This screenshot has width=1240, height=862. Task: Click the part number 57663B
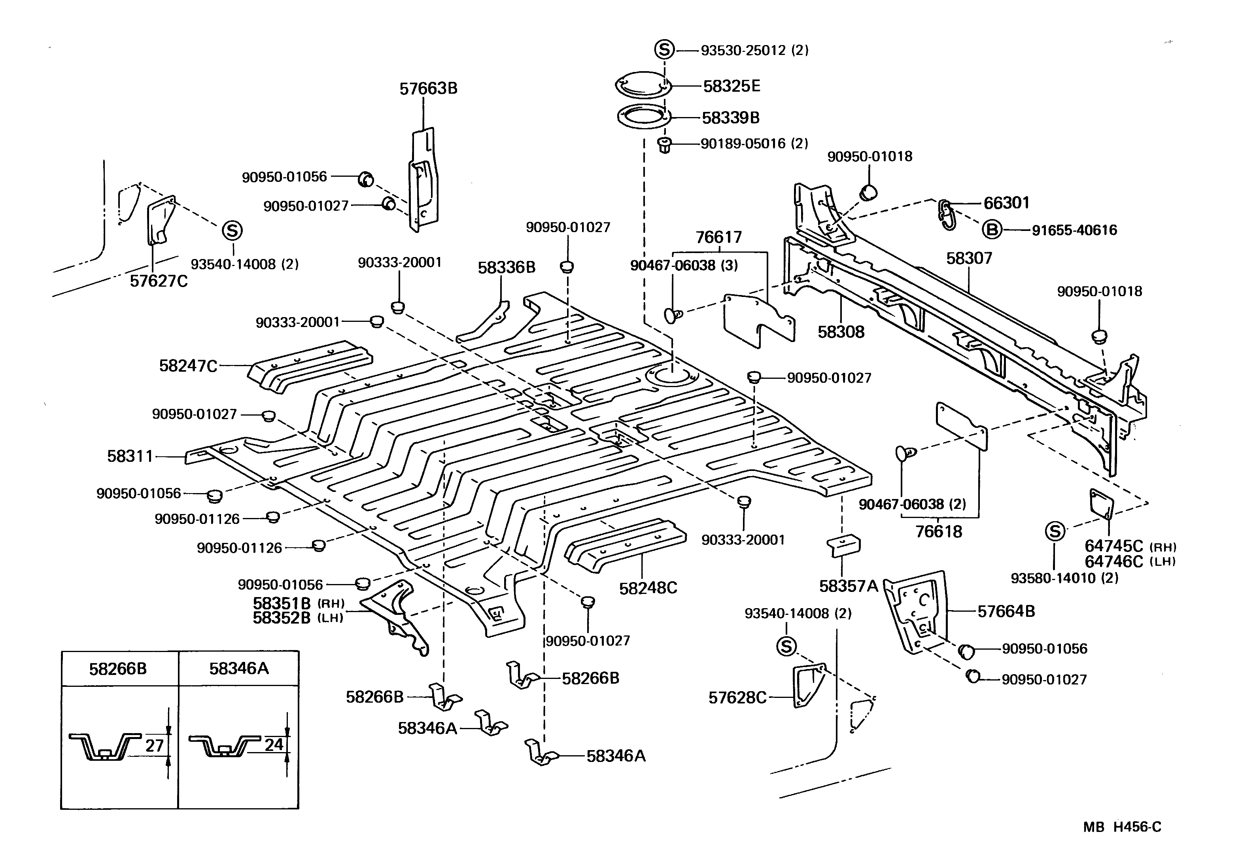click(428, 89)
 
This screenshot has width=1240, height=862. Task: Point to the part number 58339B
click(731, 118)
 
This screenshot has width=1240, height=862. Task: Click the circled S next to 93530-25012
click(664, 50)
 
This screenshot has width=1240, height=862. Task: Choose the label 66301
click(1006, 203)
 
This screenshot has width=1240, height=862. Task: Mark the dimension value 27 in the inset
click(155, 746)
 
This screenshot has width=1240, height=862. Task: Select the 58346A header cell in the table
click(239, 669)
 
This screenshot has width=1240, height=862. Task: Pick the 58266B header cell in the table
click(118, 669)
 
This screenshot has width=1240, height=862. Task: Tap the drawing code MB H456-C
click(1122, 827)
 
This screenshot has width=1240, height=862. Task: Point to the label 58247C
click(188, 366)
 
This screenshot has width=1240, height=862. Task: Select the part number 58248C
click(648, 588)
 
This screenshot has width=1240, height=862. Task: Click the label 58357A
click(849, 586)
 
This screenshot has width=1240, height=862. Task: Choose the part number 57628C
click(737, 698)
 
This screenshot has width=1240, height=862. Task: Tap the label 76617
click(718, 237)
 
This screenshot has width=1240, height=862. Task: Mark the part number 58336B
click(506, 267)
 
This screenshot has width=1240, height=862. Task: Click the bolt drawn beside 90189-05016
click(664, 145)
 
